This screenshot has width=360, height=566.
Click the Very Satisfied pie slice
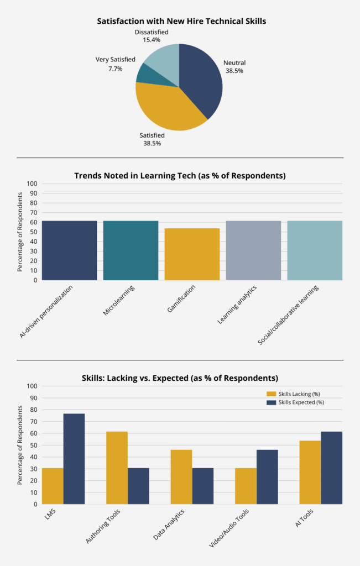click(148, 75)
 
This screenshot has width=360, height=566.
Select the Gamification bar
click(192, 254)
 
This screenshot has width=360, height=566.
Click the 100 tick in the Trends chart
click(32, 184)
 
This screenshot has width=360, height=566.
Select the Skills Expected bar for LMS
click(74, 458)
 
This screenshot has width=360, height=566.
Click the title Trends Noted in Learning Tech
click(180, 176)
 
